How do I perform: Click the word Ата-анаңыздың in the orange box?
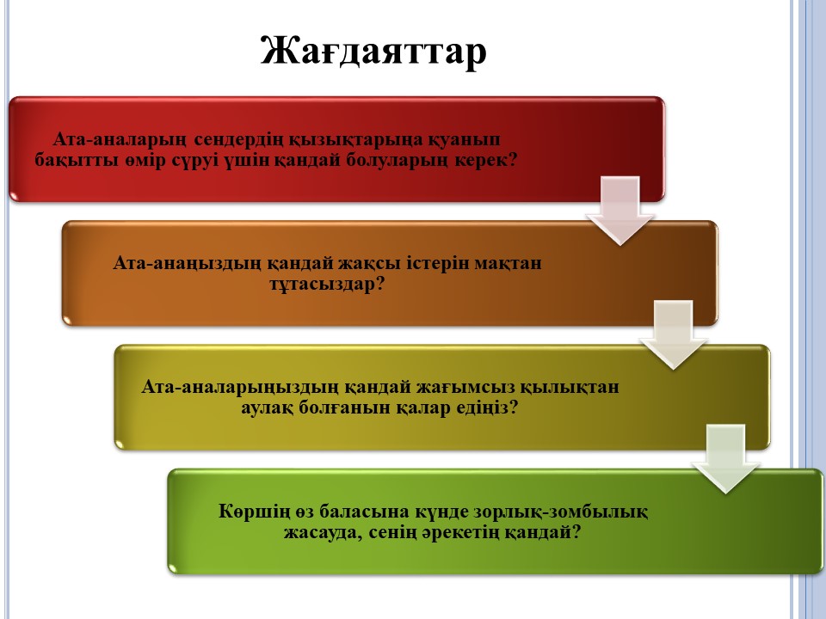[187, 263]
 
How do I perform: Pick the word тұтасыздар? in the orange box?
[327, 285]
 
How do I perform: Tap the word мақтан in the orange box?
[508, 263]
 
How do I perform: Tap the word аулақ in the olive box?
[267, 408]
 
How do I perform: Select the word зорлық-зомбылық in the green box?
[561, 512]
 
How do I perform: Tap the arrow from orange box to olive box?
[673, 334]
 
